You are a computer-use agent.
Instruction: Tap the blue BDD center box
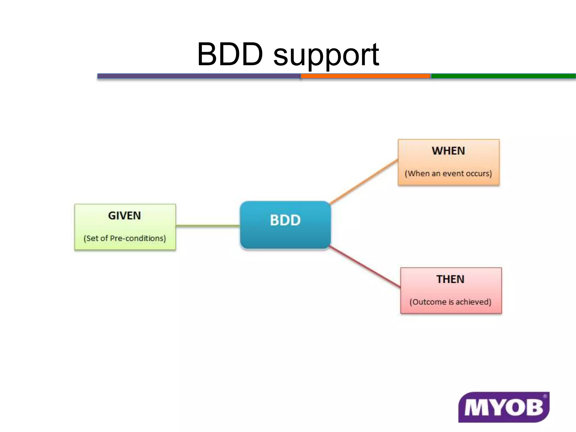click(x=285, y=225)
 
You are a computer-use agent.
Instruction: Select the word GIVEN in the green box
click(x=124, y=216)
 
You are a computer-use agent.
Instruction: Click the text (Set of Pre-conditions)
click(x=125, y=238)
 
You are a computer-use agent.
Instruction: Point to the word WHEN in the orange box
click(x=448, y=151)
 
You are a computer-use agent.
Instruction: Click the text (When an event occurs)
click(x=448, y=174)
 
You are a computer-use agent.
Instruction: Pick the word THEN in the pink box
click(x=450, y=279)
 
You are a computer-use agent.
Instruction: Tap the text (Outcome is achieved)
click(x=450, y=302)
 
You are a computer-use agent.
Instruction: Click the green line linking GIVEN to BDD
click(x=208, y=226)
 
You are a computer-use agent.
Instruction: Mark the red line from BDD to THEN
click(x=365, y=267)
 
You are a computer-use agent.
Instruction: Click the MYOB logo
click(x=503, y=407)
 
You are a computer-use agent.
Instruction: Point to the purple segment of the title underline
click(x=199, y=76)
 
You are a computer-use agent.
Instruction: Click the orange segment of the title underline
click(x=365, y=76)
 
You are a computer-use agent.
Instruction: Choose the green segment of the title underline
click(x=503, y=76)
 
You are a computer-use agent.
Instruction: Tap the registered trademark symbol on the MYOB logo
click(x=545, y=396)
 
